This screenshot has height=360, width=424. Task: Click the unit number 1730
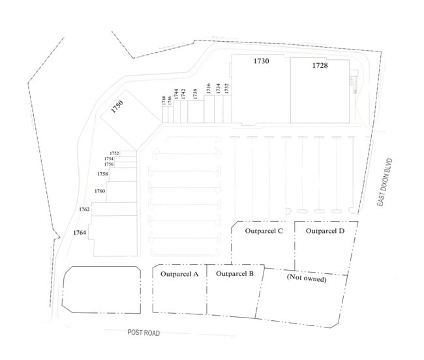[x=261, y=61]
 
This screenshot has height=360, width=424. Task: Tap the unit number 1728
[x=320, y=65]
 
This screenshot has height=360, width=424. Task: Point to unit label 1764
[x=80, y=232]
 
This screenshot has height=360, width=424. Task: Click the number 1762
[x=84, y=209]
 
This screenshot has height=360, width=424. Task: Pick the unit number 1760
[x=100, y=191]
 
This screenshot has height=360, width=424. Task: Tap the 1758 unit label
[x=102, y=174]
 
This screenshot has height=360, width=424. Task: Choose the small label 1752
[x=114, y=153]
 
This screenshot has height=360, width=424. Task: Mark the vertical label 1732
[x=226, y=89]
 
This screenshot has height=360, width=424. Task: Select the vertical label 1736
[x=208, y=89]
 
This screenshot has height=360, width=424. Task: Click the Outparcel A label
[x=179, y=274]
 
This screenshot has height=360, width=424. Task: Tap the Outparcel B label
[x=234, y=274]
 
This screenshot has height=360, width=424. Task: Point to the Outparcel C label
[x=264, y=231]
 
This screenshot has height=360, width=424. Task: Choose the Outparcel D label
[x=325, y=231]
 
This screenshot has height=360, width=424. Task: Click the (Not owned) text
[x=306, y=278]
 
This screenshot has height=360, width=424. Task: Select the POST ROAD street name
[x=144, y=333]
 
